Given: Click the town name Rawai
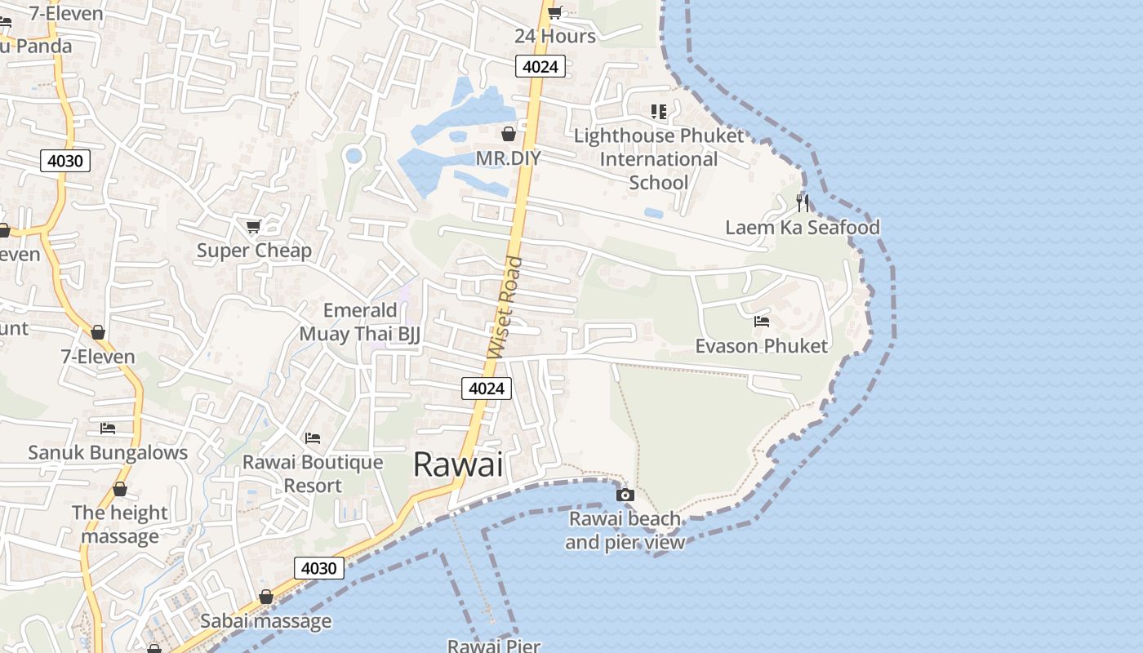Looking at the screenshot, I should point(458,464).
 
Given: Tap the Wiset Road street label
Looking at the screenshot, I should point(505,308).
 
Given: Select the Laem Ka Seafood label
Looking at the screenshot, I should point(803,227).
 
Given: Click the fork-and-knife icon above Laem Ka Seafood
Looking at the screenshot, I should point(803,202).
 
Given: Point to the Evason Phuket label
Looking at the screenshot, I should point(761,346).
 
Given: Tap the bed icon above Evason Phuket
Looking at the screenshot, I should point(762,322).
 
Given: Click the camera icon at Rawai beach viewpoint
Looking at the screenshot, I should point(625,495).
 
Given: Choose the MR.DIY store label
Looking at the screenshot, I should point(508,158).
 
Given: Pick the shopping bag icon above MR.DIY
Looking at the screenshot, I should point(509,134).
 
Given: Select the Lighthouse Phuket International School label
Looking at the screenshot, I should point(659,158).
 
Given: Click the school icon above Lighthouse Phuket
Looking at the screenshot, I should point(659,112).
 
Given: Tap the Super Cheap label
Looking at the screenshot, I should point(254,251).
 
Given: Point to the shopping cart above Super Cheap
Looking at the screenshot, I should point(254,226).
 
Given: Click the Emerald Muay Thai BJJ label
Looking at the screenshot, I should point(359,322).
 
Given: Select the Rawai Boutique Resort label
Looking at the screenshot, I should point(313,473).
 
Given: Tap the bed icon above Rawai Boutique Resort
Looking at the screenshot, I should point(313,438).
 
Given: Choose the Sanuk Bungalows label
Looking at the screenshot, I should point(108,452).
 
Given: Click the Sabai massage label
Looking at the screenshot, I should point(266,621).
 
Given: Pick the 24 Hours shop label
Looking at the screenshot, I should point(555,36).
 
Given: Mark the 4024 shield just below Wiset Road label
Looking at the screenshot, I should point(487,389).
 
